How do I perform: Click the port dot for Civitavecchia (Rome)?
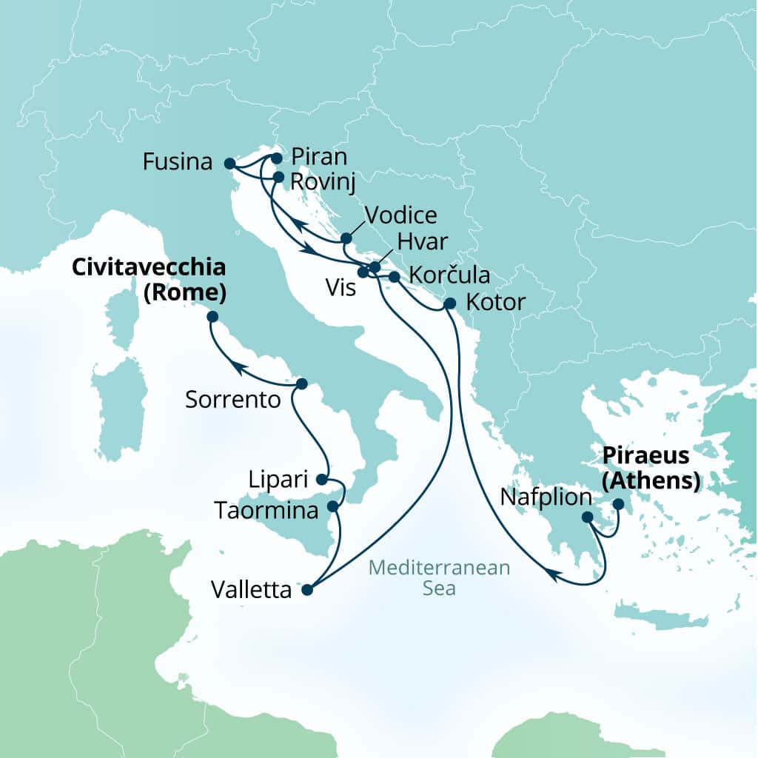pos(212,317)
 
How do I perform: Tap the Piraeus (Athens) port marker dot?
pos(618,505)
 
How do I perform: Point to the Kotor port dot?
pos(449,303)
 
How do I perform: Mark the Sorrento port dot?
pos(301,384)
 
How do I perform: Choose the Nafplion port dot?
pos(586,517)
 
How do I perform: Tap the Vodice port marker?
pos(346,238)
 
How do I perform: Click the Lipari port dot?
pos(322,479)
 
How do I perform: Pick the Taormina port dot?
pos(332,507)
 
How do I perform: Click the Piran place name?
pos(319,157)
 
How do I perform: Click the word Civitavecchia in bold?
pos(148,268)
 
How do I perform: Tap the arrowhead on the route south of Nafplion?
pos(552,571)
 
